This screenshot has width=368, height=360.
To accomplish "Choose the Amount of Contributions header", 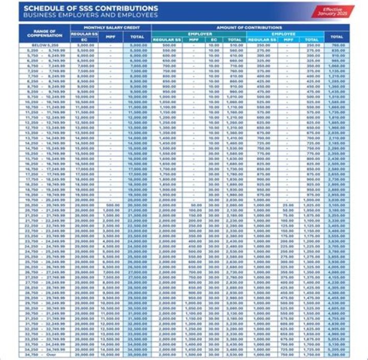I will tap(249, 27).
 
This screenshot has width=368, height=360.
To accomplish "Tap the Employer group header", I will tap(200, 33).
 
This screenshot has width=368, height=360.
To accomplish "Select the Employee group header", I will tap(285, 33).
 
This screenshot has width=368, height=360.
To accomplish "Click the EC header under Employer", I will tap(214, 39).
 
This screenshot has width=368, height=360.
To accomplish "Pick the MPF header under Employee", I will tap(289, 39).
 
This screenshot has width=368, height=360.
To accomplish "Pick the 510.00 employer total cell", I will tap(235, 45).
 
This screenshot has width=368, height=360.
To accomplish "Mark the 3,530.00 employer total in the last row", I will tap(235, 353).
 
